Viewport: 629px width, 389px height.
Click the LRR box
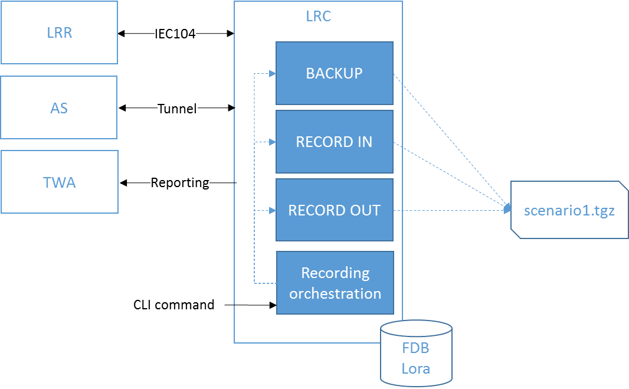point(60,32)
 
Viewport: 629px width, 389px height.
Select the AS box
point(59,108)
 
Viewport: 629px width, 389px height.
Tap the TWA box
point(60,182)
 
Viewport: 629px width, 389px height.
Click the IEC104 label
point(175,34)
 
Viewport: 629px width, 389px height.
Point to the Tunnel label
point(177,109)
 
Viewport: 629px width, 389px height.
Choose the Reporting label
point(180,182)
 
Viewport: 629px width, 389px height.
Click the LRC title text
point(318,17)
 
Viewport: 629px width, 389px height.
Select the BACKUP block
point(335,73)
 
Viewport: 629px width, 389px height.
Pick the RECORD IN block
point(335,142)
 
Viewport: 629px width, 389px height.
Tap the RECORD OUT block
point(335,211)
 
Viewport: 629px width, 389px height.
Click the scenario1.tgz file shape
point(569,210)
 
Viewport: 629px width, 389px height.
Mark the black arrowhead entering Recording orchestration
point(273,305)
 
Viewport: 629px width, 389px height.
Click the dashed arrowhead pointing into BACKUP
point(273,74)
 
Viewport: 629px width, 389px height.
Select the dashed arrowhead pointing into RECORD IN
point(273,142)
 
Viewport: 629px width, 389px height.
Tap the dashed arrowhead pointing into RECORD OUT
point(273,211)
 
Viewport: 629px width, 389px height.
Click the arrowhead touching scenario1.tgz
point(507,208)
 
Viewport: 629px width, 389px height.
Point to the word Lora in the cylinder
point(416,369)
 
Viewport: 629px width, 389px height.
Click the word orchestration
point(335,293)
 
